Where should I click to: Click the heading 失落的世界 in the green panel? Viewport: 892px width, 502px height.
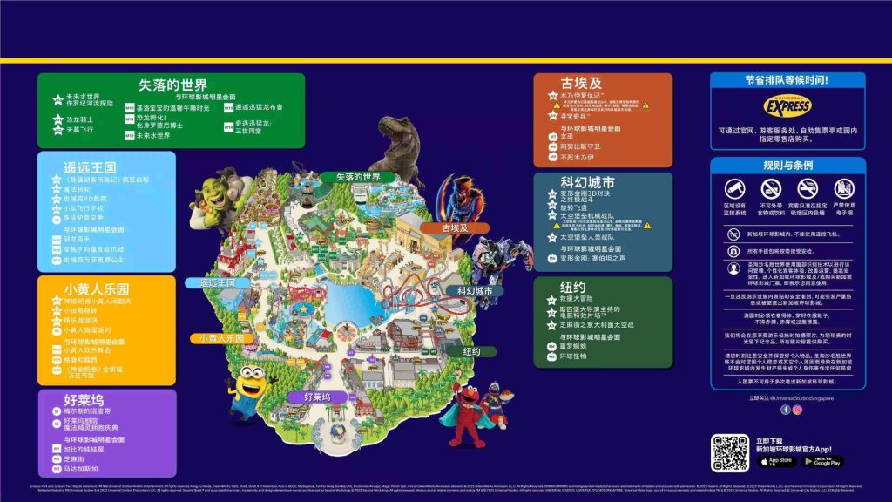pos(172,85)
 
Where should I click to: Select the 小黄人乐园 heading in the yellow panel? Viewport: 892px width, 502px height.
pos(98,289)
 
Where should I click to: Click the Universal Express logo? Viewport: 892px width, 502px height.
pos(787,105)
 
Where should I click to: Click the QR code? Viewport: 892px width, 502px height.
pos(729,453)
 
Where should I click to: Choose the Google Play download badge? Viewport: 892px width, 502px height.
pos(822,461)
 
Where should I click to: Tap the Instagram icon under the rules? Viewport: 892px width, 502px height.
pos(797,410)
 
